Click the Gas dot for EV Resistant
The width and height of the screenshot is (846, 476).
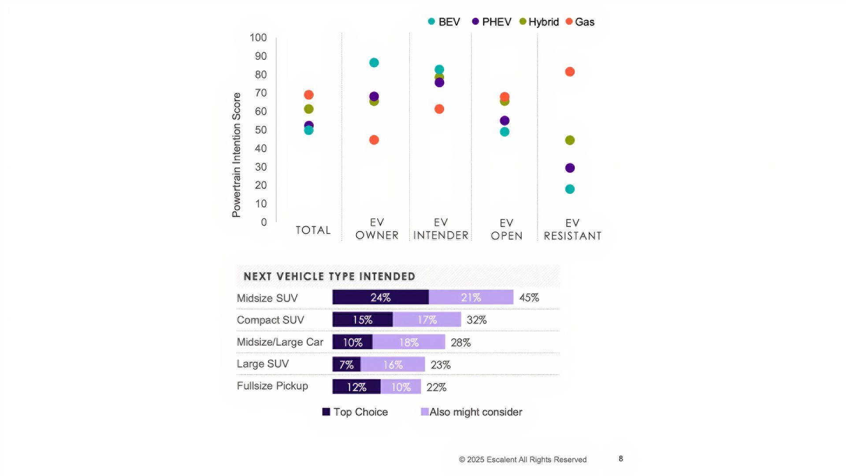pyautogui.click(x=570, y=72)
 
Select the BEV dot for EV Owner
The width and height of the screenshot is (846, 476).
pyautogui.click(x=374, y=63)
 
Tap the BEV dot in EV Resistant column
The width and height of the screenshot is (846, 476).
pyautogui.click(x=570, y=189)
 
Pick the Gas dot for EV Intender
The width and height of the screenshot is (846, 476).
pyautogui.click(x=439, y=109)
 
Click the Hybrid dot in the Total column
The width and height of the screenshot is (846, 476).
pyautogui.click(x=309, y=109)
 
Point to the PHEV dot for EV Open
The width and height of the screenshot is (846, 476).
pyautogui.click(x=505, y=121)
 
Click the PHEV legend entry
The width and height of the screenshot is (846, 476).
pyautogui.click(x=492, y=22)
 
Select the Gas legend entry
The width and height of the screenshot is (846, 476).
pyautogui.click(x=580, y=22)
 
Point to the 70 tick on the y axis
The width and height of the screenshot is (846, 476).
pyautogui.click(x=261, y=93)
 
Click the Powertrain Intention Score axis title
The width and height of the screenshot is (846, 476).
pyautogui.click(x=237, y=155)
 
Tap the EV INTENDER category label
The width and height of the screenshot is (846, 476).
pyautogui.click(x=441, y=229)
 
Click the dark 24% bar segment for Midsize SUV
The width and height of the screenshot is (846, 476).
pyautogui.click(x=380, y=297)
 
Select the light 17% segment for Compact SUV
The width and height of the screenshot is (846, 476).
pyautogui.click(x=427, y=320)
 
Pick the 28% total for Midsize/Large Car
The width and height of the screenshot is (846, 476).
pyautogui.click(x=460, y=342)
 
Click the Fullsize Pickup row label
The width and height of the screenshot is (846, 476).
pyautogui.click(x=272, y=386)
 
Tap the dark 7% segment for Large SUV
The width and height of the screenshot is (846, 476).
pyautogui.click(x=346, y=364)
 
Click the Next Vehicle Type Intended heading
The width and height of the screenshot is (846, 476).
pyautogui.click(x=329, y=276)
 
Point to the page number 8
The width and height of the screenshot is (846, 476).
pyautogui.click(x=621, y=458)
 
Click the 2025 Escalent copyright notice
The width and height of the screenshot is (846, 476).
pyautogui.click(x=523, y=459)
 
